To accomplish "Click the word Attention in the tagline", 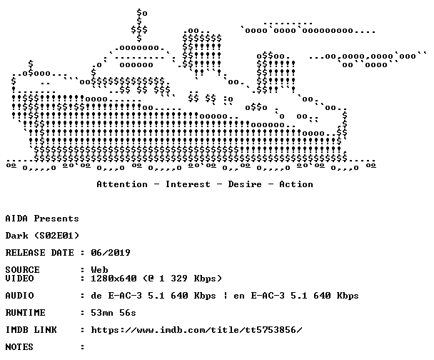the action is click(x=122, y=184).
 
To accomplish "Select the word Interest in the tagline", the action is click(x=188, y=184).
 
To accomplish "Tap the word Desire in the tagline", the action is click(x=245, y=184).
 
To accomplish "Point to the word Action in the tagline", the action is click(x=296, y=184).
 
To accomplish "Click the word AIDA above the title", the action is click(x=16, y=219).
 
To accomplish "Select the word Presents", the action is click(x=56, y=219).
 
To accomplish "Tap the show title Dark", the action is click(x=16, y=236).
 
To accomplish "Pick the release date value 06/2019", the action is click(x=111, y=253).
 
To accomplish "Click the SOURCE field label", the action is click(x=22, y=270).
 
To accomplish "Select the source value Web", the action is click(x=99, y=270).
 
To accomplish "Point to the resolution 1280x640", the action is click(x=113, y=279).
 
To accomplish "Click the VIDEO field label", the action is click(x=19, y=279).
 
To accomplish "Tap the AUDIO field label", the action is click(x=19, y=296).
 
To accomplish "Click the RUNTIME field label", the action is click(x=25, y=313).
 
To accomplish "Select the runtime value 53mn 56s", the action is click(x=113, y=313).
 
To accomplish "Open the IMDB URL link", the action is click(x=196, y=330).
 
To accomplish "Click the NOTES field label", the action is click(x=19, y=347).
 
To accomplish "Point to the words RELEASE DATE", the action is click(x=39, y=253).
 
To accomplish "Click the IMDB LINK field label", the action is click(x=31, y=330).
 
